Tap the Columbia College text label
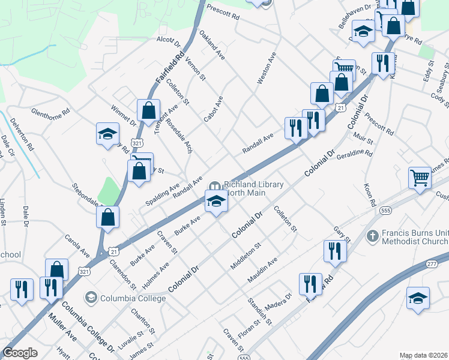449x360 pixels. pyautogui.click(x=133, y=298)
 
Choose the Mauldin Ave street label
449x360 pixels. pyautogui.click(x=263, y=271)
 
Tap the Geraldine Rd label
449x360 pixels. pyautogui.click(x=355, y=154)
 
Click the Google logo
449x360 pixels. pyautogui.click(x=20, y=353)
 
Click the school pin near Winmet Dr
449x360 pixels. pyautogui.click(x=107, y=134)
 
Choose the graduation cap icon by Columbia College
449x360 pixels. pyautogui.click(x=91, y=297)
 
